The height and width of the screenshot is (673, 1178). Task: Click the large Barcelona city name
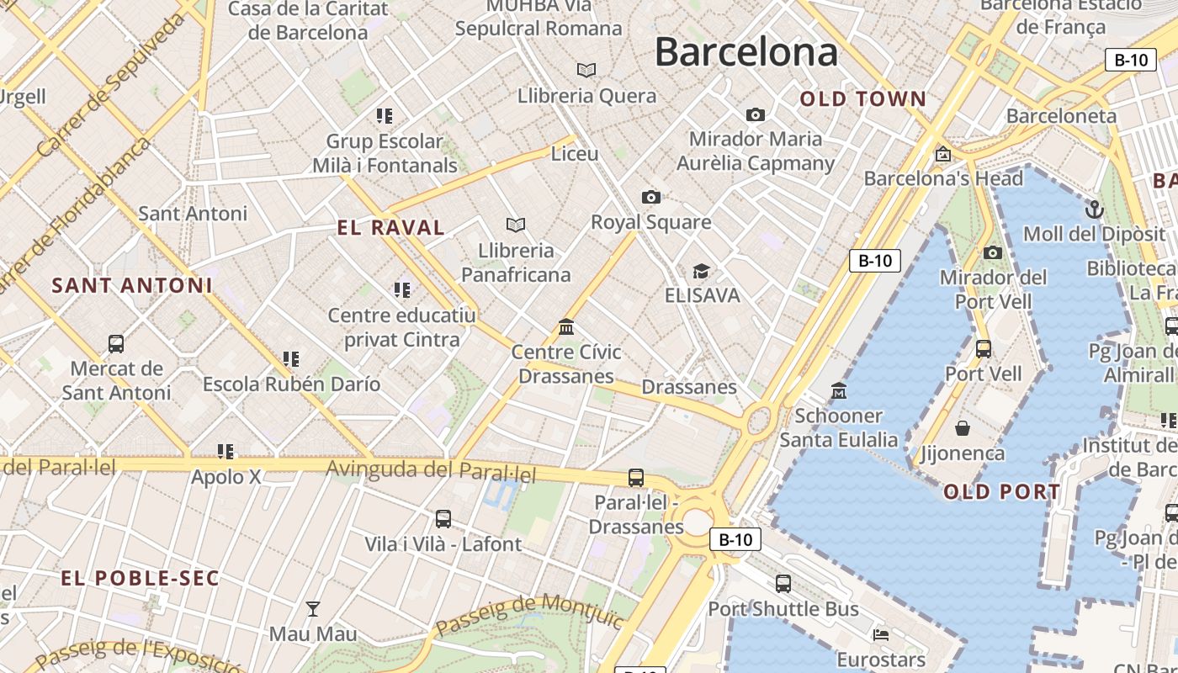pos(746,52)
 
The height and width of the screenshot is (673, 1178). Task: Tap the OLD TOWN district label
pos(862,99)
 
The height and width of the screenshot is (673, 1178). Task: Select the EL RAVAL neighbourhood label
pos(390,227)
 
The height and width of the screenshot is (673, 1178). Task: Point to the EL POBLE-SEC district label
pos(140,578)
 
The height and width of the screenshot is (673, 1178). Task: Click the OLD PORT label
pos(1001,492)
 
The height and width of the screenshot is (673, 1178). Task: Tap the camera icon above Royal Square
pos(650,197)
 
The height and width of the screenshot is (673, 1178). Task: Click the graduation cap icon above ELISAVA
pos(701,271)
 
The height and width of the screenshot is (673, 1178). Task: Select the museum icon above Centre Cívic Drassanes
pos(566,326)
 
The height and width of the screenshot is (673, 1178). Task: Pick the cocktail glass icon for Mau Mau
pos(313,608)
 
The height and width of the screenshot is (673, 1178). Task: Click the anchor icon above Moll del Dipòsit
pos(1094,209)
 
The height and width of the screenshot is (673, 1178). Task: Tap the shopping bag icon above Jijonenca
pos(963,428)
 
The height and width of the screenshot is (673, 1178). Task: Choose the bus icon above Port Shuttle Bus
pos(783,583)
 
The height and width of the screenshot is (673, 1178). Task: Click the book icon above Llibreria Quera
pos(586,70)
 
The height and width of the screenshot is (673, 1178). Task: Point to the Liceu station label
pos(575,154)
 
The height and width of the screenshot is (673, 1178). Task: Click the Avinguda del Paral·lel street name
pos(431,471)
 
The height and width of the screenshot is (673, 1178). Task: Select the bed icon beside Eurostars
pos(881,634)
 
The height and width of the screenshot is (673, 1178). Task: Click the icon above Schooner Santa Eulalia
pos(839,390)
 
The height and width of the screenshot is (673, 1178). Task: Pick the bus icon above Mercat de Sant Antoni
pos(116,343)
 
